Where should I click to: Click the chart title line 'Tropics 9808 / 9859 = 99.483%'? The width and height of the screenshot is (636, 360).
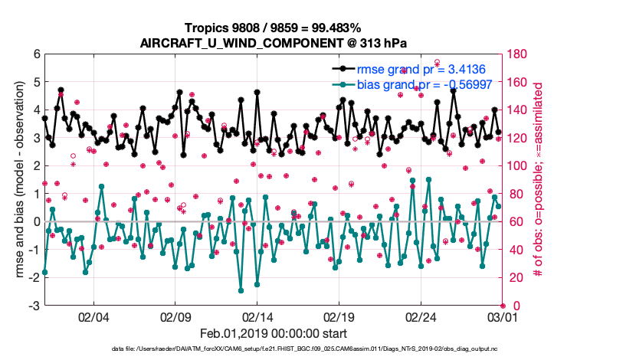click(x=274, y=28)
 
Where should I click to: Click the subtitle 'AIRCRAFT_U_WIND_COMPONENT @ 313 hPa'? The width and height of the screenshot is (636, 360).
click(x=274, y=43)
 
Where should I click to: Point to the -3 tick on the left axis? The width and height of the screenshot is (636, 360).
click(x=34, y=306)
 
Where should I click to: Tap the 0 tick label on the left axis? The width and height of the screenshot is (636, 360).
click(x=36, y=222)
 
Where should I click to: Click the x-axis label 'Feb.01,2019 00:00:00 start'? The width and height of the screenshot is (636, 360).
click(x=274, y=334)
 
